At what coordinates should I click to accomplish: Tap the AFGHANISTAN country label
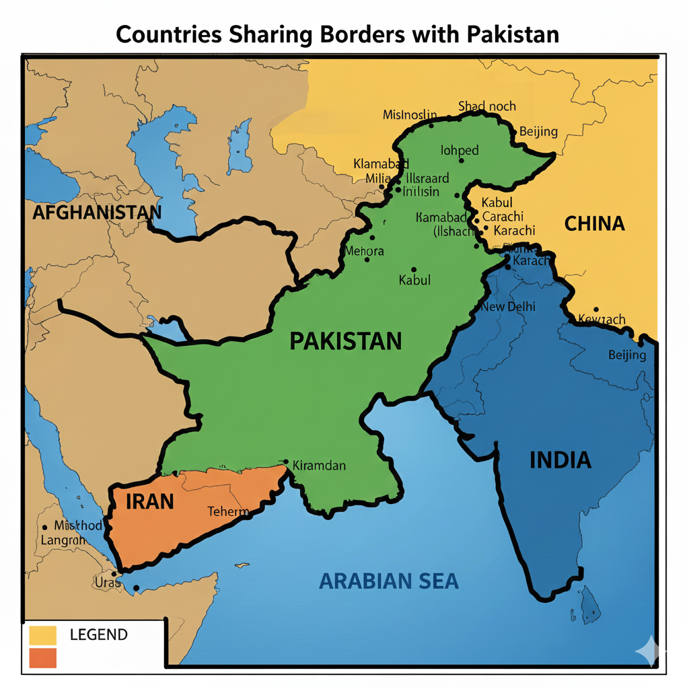(x=97, y=213)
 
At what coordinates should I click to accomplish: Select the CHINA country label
(x=594, y=223)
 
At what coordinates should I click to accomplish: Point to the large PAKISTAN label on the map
(x=345, y=340)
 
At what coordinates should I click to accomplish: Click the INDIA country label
(x=560, y=460)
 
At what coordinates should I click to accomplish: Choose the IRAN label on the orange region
(x=150, y=501)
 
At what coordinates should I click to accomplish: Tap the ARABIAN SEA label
(x=389, y=581)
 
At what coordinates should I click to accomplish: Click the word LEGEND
(x=98, y=634)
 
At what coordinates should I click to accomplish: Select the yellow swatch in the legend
(x=43, y=634)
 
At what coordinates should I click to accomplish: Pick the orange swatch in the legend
(x=43, y=658)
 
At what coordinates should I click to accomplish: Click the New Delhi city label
(x=508, y=306)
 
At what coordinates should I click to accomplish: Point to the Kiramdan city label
(x=320, y=465)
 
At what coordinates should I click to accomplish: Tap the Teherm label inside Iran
(x=228, y=511)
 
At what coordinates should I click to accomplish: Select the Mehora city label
(x=363, y=251)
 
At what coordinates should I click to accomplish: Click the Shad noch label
(x=486, y=106)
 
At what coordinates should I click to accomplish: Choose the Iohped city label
(x=460, y=150)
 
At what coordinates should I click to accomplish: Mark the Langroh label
(x=63, y=540)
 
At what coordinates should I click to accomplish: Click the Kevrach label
(x=602, y=320)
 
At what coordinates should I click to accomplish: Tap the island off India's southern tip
(x=591, y=603)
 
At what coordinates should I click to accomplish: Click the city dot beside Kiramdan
(x=286, y=462)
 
